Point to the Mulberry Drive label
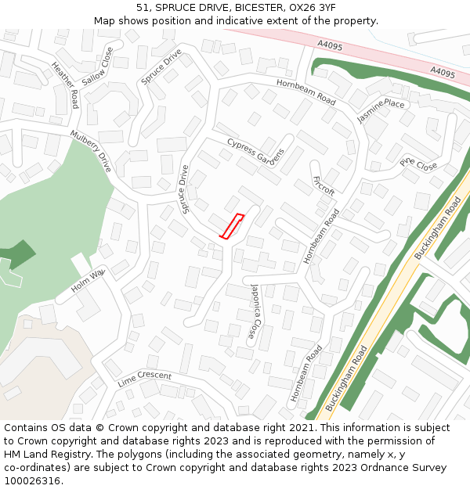click(92, 151)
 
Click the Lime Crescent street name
click(144, 379)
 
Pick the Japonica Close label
click(255, 311)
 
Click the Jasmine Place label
click(381, 111)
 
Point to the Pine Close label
click(418, 165)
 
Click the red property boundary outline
click(231, 226)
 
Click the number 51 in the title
click(142, 7)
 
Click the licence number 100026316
click(33, 481)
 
